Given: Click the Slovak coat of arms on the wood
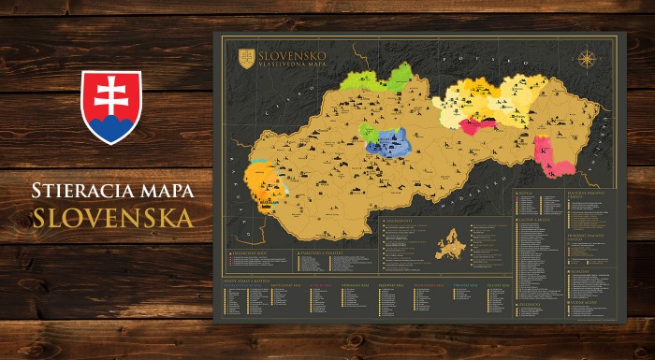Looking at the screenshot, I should [x=111, y=107].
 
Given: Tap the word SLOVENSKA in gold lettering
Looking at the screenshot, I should [x=112, y=218].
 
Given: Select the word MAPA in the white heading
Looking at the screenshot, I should [x=167, y=191].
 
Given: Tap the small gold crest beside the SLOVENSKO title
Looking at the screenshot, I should [x=247, y=58].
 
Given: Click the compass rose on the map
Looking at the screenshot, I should [x=587, y=60].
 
